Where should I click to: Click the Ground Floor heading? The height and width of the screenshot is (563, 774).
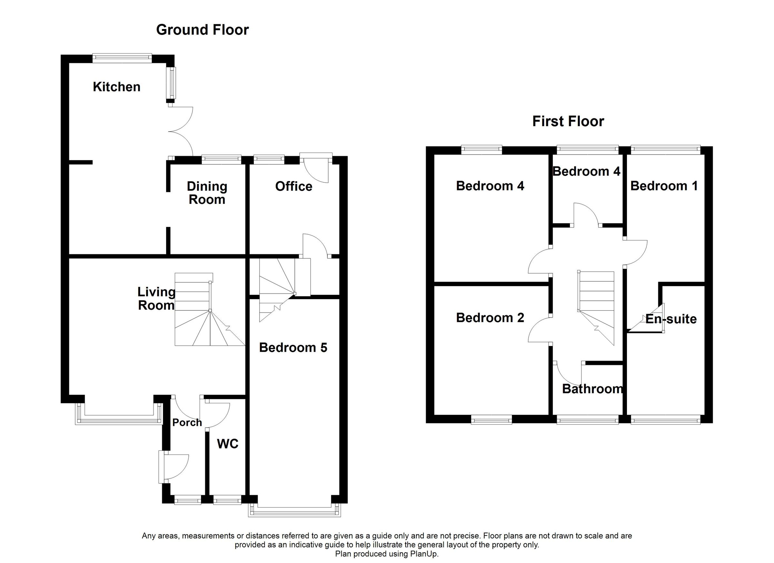click(x=203, y=30)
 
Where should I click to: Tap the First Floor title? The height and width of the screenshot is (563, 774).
click(x=568, y=122)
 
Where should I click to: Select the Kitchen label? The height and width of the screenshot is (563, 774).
click(x=117, y=87)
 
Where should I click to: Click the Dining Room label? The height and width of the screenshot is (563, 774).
click(x=207, y=193)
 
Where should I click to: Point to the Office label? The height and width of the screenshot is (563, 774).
click(x=293, y=186)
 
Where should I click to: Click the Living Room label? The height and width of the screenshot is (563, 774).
click(x=156, y=299)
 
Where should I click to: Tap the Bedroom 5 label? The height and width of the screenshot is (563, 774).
click(x=293, y=347)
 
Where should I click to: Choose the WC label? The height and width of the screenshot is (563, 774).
click(x=228, y=444)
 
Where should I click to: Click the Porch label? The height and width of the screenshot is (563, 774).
click(x=187, y=423)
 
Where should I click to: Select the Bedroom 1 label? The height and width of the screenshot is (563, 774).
click(x=664, y=186)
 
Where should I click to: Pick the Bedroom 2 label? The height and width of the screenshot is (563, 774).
click(x=490, y=318)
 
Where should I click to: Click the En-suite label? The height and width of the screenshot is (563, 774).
click(x=671, y=319)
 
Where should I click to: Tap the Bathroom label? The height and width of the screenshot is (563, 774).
click(x=592, y=389)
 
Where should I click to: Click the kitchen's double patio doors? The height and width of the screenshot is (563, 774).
click(x=181, y=131)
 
